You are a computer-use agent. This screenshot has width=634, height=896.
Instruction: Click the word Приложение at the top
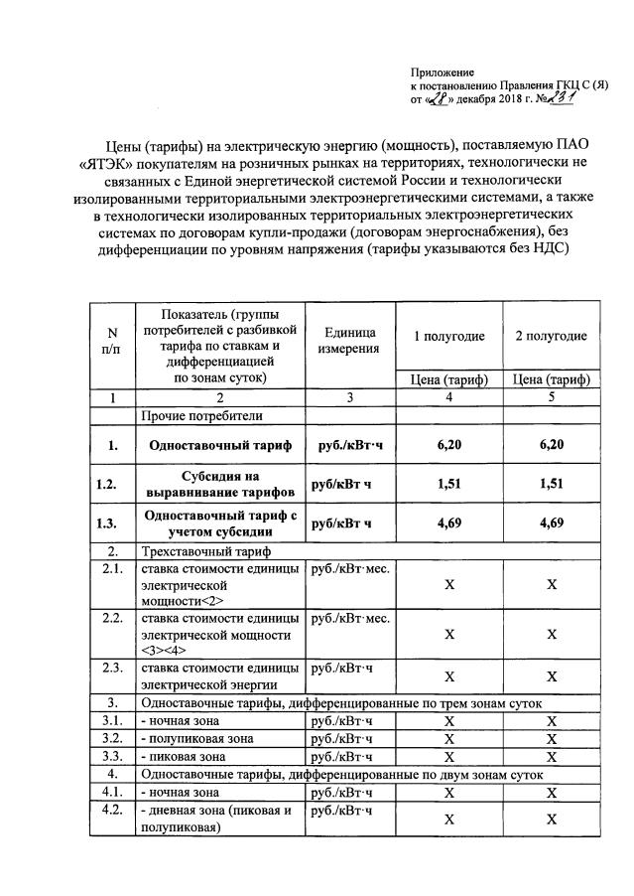click(443, 73)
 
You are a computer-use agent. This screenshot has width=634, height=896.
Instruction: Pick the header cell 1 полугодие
click(449, 336)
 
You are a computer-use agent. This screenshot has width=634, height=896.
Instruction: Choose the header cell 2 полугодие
click(551, 336)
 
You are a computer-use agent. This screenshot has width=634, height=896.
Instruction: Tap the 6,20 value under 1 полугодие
click(449, 444)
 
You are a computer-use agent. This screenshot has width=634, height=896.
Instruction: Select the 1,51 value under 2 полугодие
click(551, 485)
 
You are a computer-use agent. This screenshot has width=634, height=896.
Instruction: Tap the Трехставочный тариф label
click(203, 551)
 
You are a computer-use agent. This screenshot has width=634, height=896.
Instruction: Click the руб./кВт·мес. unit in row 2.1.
click(350, 570)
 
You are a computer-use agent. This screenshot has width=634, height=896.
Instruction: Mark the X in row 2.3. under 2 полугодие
click(551, 674)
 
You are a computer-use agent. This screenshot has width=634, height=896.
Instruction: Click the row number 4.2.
click(113, 812)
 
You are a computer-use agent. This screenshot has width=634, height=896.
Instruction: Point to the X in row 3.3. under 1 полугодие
click(449, 757)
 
